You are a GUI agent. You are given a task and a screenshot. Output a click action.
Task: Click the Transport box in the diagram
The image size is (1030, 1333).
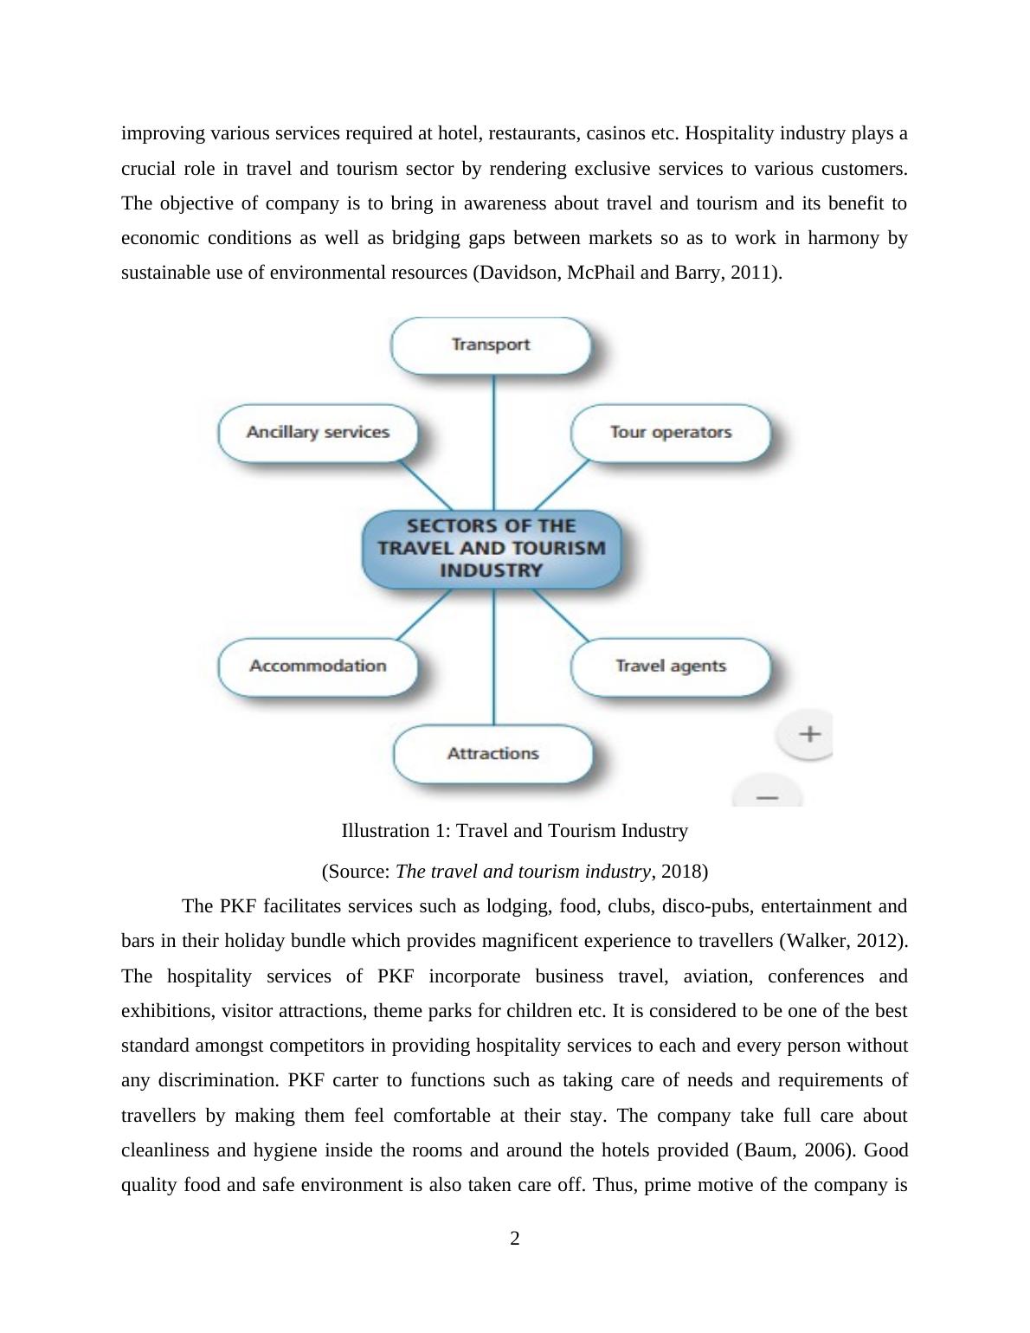(491, 345)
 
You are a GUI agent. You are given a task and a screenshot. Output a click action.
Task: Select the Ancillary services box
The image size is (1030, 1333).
(318, 433)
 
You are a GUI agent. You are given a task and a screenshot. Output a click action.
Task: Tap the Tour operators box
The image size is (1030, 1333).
(671, 433)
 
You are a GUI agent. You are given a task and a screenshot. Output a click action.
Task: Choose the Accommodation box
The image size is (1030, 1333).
(318, 666)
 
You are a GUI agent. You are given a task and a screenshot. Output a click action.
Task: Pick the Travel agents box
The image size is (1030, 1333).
(671, 666)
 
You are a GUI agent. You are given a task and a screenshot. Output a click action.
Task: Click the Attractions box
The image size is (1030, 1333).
(492, 754)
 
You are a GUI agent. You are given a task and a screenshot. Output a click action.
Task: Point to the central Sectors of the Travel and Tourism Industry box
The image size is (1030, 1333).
(492, 549)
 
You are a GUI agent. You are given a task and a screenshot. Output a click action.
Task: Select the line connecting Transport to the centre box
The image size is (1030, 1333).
(493, 441)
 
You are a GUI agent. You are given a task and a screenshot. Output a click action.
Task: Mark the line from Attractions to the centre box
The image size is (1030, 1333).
(493, 658)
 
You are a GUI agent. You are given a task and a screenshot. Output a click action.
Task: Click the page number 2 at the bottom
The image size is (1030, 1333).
(515, 1239)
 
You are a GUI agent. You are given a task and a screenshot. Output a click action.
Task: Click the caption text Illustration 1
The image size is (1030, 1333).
(394, 831)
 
